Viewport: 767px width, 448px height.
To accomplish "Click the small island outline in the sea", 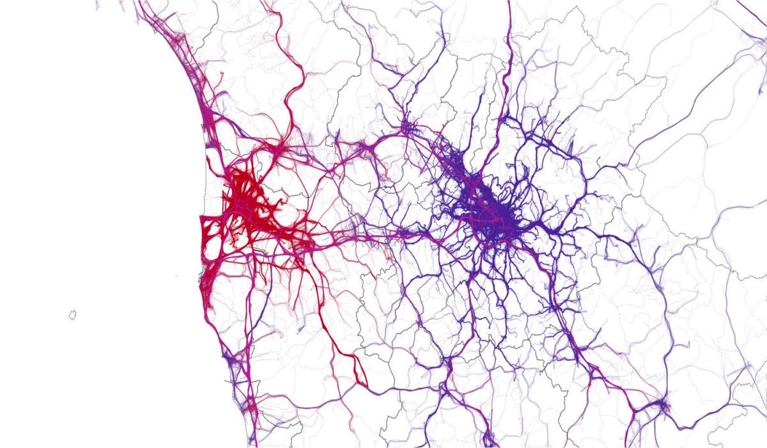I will pos(73,314).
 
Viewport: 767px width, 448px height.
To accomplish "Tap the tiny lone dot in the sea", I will pos(176,276).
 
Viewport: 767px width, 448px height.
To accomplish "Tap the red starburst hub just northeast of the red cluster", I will pos(279,146).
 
